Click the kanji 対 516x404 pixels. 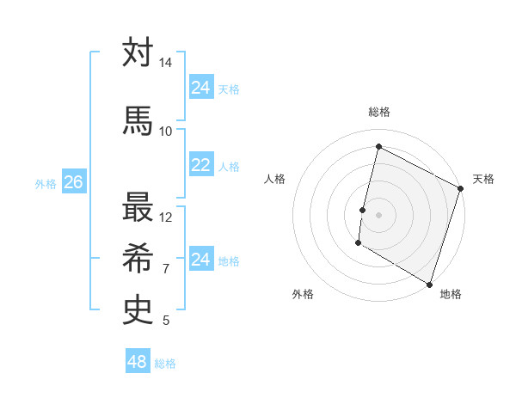138,54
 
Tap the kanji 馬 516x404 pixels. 138,120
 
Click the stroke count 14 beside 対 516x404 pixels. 165,64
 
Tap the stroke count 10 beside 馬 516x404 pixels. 165,131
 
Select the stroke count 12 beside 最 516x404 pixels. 165,217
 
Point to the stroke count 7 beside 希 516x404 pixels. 165,269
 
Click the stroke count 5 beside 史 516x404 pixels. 165,321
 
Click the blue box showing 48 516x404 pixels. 138,362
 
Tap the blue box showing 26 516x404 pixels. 73,182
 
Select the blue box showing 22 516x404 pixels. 200,165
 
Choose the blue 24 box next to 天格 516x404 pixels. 200,88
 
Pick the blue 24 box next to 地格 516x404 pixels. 200,260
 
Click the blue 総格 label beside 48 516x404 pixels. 165,364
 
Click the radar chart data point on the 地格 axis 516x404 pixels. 429,284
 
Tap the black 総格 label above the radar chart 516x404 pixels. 378,113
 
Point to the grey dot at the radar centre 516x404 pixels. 378,214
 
